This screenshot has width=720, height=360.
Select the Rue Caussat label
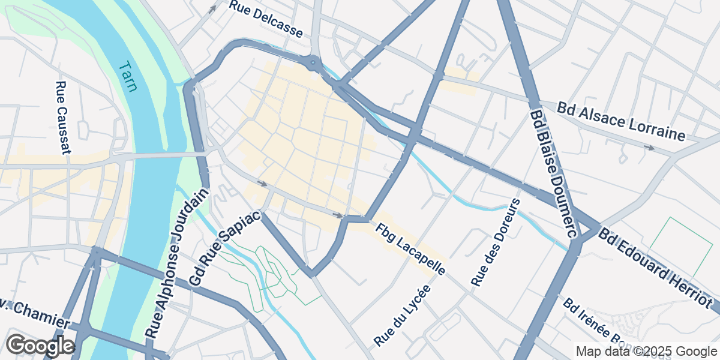(62, 118)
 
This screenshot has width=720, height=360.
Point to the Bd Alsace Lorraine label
(620, 121)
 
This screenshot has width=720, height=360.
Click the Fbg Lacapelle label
(411, 249)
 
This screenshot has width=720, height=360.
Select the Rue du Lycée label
(403, 314)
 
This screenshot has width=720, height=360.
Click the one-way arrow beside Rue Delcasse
(212, 10)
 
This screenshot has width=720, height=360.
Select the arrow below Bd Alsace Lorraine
(649, 147)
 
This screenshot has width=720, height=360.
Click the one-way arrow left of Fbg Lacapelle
(338, 215)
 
